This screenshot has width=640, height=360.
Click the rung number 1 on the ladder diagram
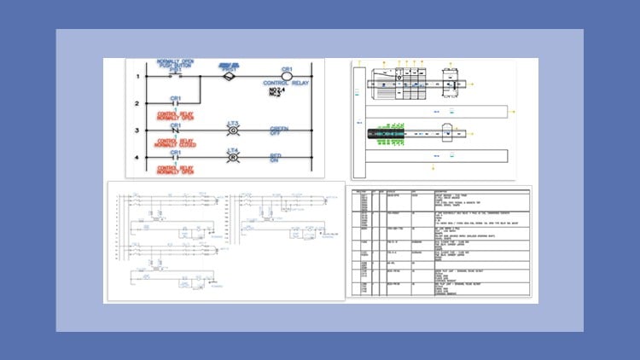[x=137, y=78]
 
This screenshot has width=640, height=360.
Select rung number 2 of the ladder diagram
[x=137, y=104]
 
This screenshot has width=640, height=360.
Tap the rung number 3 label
[x=137, y=131]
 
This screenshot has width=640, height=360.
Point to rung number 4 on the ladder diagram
[x=137, y=158]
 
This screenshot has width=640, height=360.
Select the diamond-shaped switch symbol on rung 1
[x=228, y=77]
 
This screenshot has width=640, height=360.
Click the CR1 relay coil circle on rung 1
[x=287, y=76]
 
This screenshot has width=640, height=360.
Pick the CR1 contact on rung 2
[x=177, y=104]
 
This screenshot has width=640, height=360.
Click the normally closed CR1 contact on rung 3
[x=177, y=131]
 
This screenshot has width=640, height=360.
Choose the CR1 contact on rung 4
[x=177, y=158]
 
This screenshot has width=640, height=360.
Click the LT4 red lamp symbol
[x=232, y=158]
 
